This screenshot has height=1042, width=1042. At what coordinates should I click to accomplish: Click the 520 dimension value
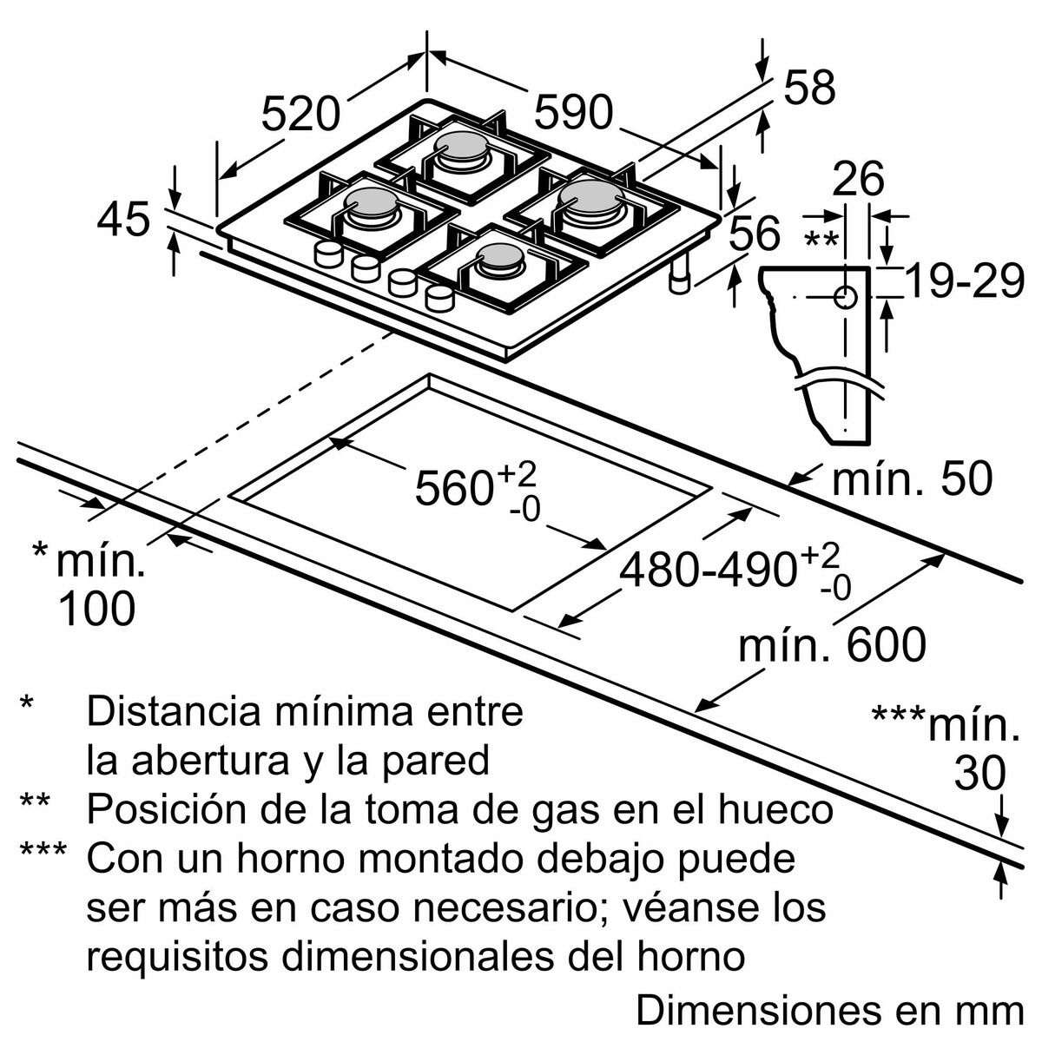[x=300, y=114]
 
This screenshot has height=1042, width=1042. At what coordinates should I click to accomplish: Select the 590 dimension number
[x=573, y=111]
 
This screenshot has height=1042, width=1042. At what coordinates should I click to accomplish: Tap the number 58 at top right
[x=809, y=88]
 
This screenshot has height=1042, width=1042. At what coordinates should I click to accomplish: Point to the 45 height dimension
[x=123, y=220]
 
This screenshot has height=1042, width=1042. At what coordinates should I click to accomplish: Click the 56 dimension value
[x=755, y=234]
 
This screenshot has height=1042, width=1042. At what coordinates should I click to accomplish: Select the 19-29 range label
[x=965, y=281]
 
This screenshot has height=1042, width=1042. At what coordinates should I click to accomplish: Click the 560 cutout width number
[x=454, y=487]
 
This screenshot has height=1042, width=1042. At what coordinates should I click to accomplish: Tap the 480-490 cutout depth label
[x=708, y=570]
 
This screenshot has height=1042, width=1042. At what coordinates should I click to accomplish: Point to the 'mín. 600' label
[x=832, y=645]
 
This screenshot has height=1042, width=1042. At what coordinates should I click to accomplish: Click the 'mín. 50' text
[x=912, y=478]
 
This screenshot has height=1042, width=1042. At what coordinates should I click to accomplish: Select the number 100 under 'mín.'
[x=96, y=609]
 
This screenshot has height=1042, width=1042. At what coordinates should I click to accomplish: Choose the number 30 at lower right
[x=979, y=773]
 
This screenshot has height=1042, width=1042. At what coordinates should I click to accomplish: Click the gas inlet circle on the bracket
[x=846, y=298]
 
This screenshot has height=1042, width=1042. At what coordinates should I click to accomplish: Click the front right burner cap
[x=498, y=256]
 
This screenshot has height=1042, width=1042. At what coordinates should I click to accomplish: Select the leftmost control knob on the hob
[x=328, y=254]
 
